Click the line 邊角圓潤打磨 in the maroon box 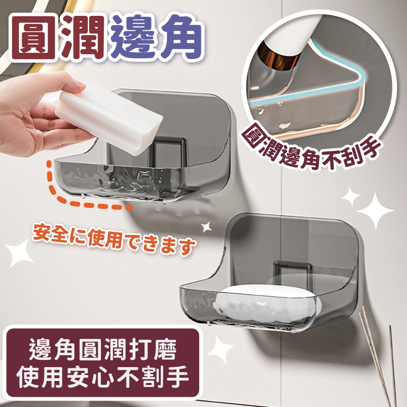(x=103, y=350)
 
